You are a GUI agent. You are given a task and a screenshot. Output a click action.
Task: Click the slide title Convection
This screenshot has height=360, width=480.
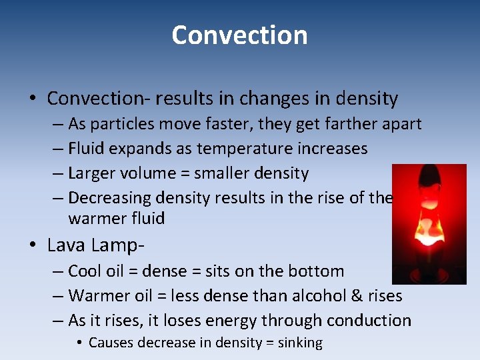point(239,35)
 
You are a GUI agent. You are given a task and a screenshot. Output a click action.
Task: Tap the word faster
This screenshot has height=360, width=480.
point(214,124)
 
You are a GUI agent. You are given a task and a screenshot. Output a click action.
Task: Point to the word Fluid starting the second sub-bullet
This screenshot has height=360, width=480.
point(85,148)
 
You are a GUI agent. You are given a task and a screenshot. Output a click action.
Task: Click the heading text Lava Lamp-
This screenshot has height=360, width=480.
point(96,245)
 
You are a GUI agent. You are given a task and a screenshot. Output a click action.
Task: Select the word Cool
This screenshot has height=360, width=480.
point(83,271)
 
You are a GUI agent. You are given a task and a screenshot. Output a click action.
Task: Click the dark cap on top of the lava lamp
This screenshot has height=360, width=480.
point(429,177)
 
